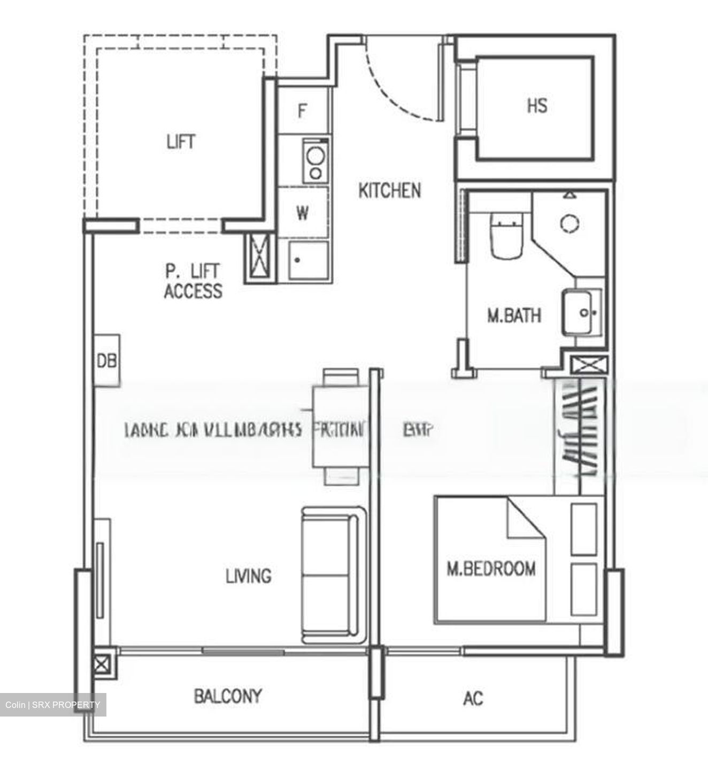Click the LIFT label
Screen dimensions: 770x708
click(181, 142)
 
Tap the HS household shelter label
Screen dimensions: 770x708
click(537, 106)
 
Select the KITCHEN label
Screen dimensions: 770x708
click(389, 190)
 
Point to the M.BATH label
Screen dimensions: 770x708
click(513, 315)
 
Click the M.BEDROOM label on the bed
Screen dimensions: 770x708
click(491, 568)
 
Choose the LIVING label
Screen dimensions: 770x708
click(248, 576)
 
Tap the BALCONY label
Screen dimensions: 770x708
click(228, 696)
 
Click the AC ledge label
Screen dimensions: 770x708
click(473, 698)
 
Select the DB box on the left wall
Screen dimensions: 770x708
click(107, 360)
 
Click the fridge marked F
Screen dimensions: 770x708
click(302, 111)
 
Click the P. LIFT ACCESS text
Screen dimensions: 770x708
click(193, 281)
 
